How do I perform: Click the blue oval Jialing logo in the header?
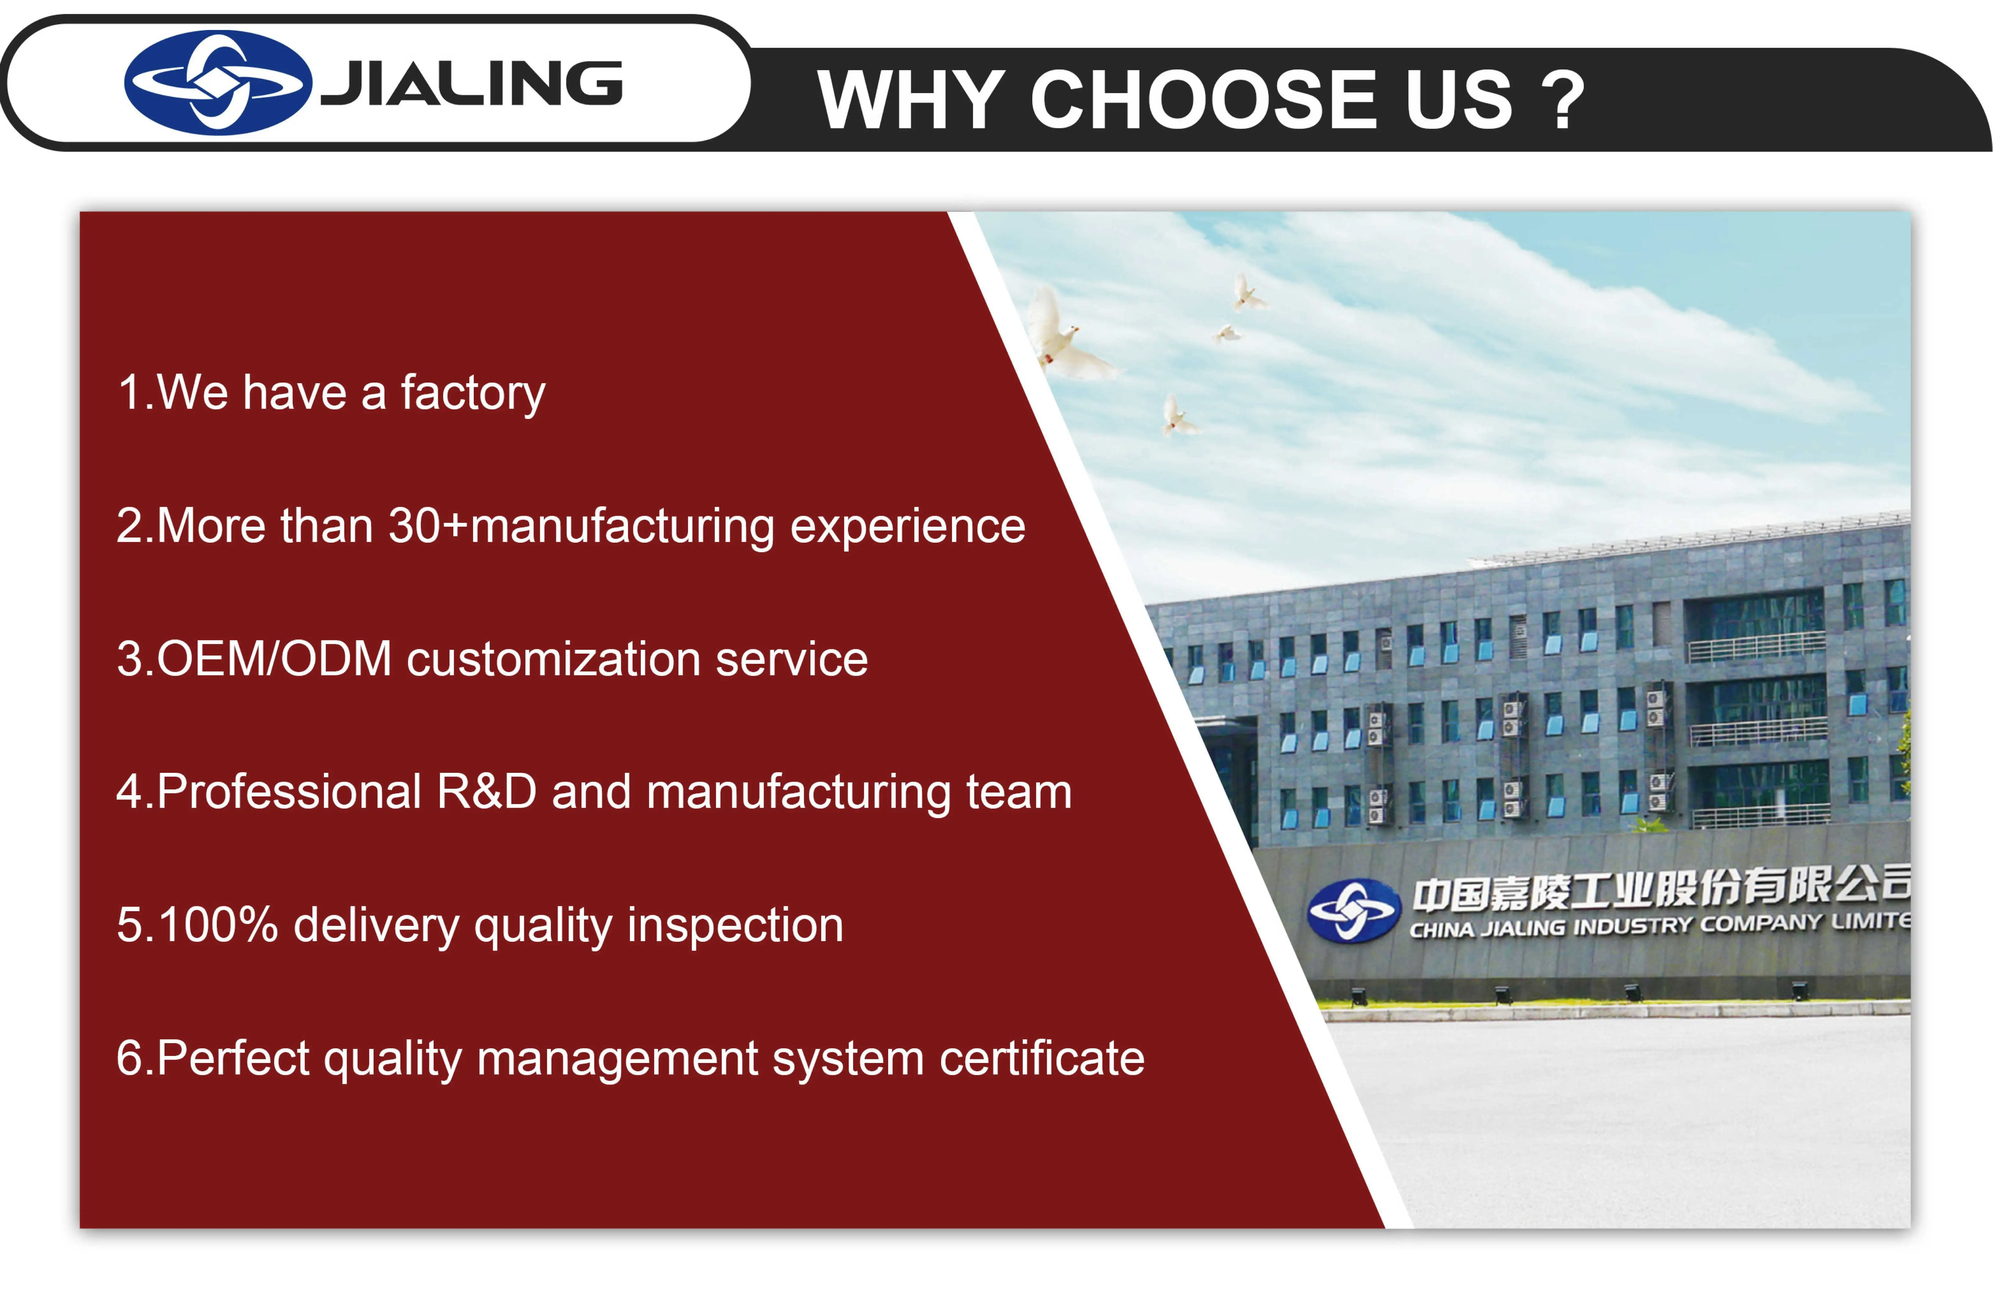[x=218, y=83]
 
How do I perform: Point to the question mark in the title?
[x=1563, y=101]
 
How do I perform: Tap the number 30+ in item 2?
[x=427, y=527]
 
